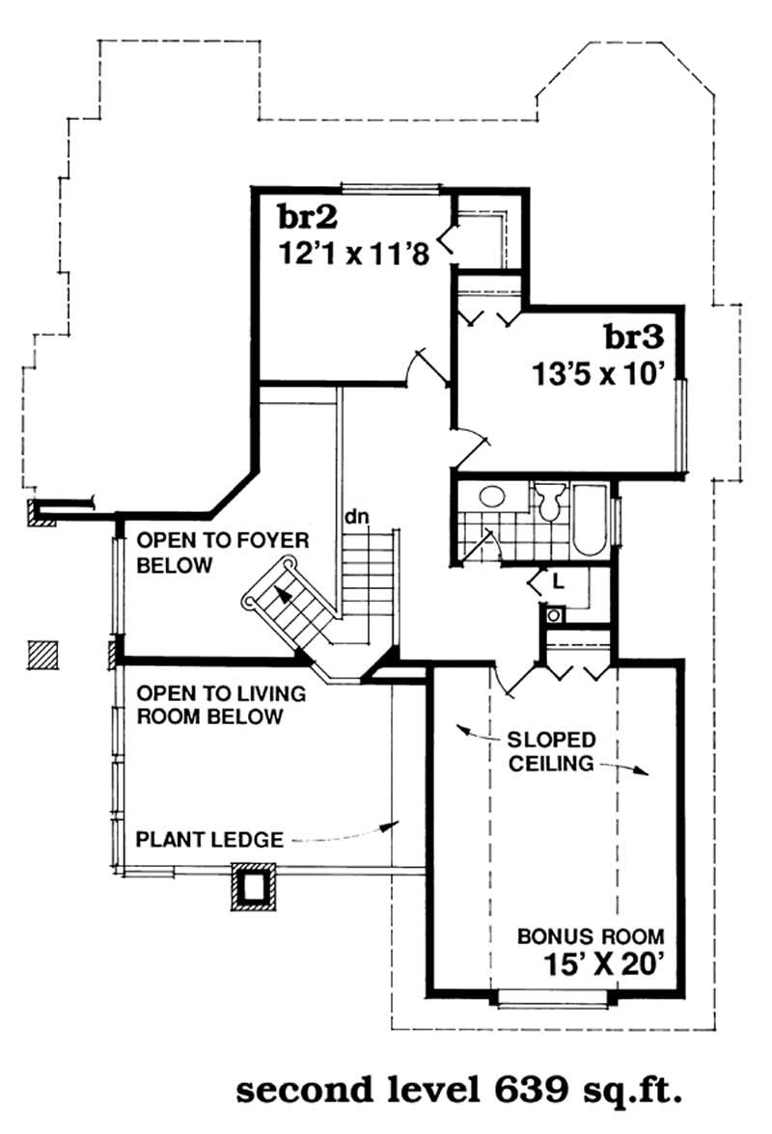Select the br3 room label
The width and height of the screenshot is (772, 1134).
[x=634, y=337]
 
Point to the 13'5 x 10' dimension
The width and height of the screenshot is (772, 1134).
[x=597, y=374]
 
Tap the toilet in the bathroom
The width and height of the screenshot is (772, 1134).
[x=550, y=500]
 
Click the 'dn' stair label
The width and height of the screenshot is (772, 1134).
[x=356, y=517]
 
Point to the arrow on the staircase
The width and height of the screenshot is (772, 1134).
[x=282, y=593]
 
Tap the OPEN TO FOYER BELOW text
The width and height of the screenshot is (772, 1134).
[x=223, y=553]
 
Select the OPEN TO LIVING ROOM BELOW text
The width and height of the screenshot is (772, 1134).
[x=221, y=705]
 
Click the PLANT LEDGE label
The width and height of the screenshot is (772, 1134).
[x=209, y=840]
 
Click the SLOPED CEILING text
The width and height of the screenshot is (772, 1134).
[x=551, y=751]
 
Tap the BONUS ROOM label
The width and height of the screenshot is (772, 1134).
[x=591, y=936]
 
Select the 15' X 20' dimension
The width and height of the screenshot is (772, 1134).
[x=603, y=964]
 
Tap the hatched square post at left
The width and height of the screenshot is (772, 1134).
[x=42, y=656]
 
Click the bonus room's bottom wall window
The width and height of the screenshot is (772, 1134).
[x=554, y=997]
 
